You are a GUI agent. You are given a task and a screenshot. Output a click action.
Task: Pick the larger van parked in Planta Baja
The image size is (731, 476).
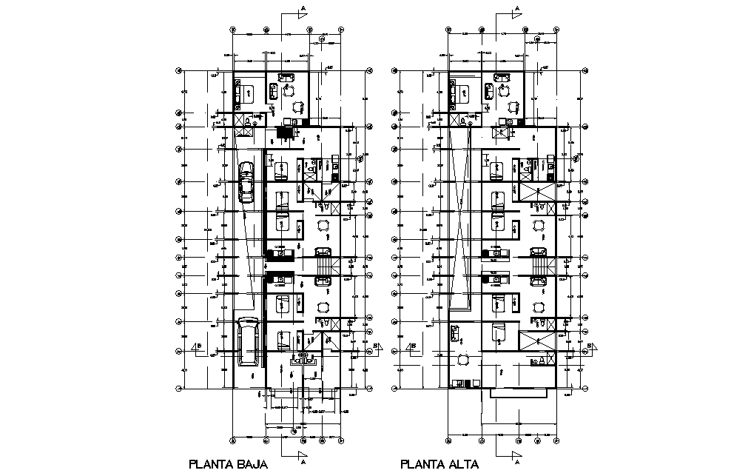[x=248, y=343]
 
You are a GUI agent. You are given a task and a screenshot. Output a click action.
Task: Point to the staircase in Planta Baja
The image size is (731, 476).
[x=323, y=264]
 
